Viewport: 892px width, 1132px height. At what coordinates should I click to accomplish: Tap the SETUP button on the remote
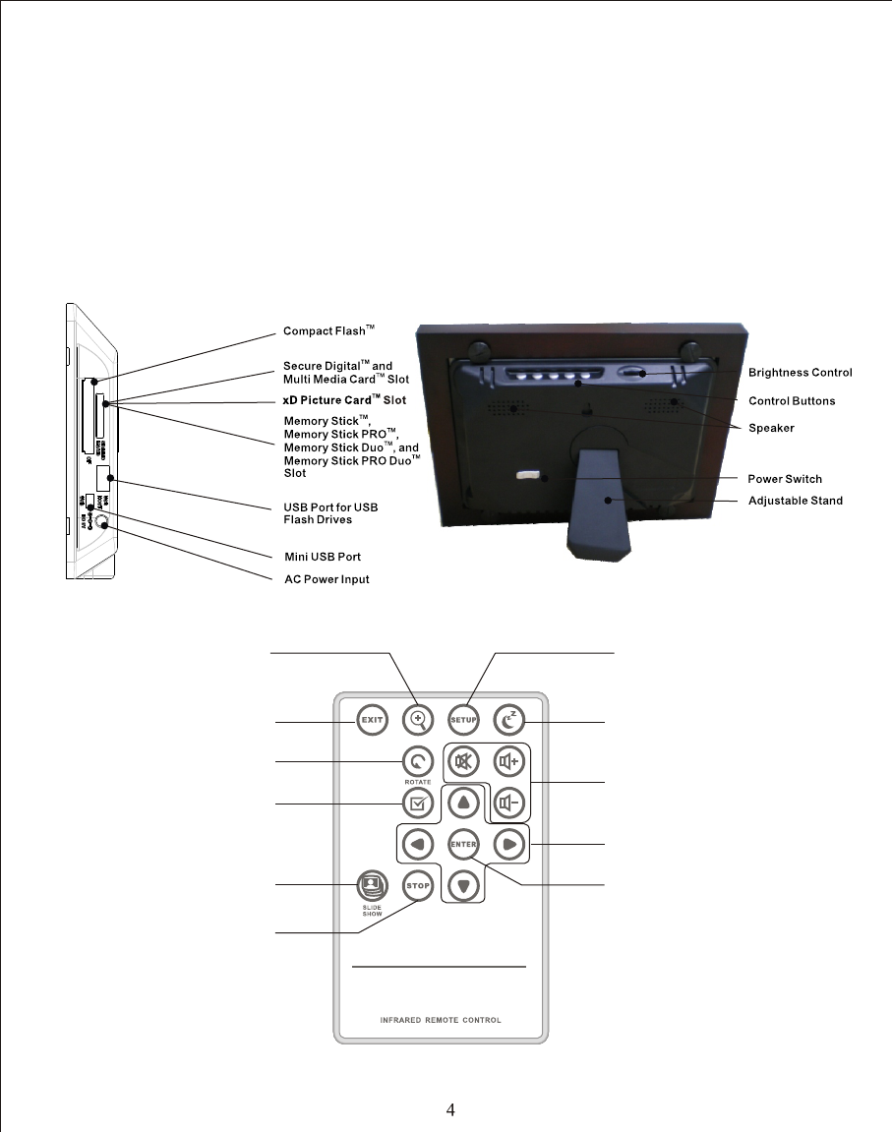tap(463, 719)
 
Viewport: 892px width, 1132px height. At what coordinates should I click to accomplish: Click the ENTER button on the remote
tap(463, 844)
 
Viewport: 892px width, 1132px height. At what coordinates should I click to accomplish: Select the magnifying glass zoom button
tap(418, 719)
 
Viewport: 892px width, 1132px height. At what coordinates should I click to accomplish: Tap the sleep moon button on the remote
tap(508, 719)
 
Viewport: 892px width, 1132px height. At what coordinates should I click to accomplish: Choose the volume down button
tap(508, 803)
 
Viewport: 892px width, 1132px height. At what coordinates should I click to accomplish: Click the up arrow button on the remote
tap(463, 803)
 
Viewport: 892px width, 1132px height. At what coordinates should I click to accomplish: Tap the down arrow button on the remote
tap(463, 885)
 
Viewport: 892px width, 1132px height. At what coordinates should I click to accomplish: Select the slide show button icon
tap(372, 881)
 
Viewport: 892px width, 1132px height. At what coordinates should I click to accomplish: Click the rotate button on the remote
tap(418, 760)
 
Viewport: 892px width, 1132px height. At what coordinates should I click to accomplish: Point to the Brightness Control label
tap(800, 373)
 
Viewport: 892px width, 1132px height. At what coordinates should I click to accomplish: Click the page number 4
tap(450, 1110)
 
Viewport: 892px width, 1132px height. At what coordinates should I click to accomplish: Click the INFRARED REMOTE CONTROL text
tap(441, 1020)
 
